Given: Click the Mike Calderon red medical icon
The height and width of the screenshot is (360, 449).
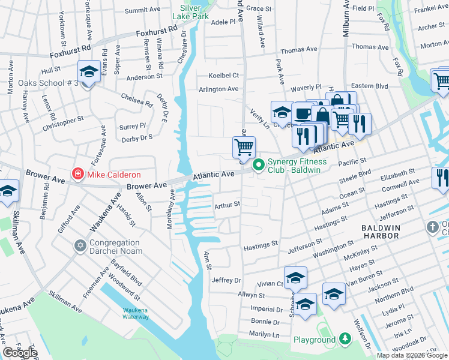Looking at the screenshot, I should (77, 175).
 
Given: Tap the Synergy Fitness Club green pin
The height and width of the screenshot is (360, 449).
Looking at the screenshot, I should (259, 165).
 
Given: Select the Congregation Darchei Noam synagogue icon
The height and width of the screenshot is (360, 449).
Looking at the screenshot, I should (80, 247).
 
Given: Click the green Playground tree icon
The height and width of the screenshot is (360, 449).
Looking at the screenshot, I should (345, 340).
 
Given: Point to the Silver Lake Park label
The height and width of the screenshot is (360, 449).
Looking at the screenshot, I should (190, 11).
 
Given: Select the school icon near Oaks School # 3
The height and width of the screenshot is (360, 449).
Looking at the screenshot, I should (89, 73).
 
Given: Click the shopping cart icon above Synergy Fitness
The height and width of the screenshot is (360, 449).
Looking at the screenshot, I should (244, 146).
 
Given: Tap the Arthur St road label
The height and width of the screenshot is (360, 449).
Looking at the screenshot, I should (227, 205).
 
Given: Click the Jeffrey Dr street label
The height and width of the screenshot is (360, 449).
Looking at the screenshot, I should (226, 280).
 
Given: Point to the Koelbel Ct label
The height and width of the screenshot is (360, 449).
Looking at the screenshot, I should (223, 76).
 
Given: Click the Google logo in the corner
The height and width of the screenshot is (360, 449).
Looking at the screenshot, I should (20, 352).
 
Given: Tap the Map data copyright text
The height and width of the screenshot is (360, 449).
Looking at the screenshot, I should (412, 355).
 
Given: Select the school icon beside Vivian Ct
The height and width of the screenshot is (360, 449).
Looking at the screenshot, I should (295, 278).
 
